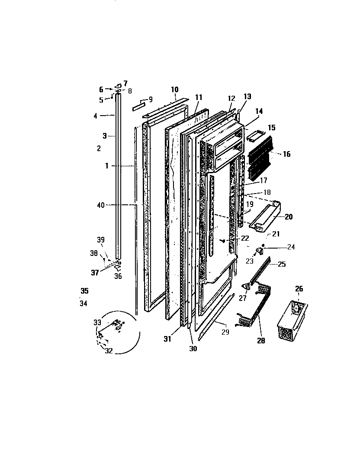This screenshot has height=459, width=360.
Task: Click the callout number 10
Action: [174, 90]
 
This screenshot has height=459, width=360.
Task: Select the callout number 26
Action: [299, 289]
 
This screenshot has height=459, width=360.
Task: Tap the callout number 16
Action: [286, 154]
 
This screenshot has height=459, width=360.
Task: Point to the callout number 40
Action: [100, 205]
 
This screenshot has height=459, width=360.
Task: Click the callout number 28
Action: [261, 340]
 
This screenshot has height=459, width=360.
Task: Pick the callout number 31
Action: [167, 339]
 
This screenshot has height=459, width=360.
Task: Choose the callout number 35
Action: [84, 291]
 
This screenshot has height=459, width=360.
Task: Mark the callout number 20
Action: [289, 217]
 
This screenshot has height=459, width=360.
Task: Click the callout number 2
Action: [99, 148]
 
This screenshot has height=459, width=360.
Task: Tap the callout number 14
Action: [259, 111]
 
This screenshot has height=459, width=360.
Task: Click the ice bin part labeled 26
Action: [292, 320]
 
